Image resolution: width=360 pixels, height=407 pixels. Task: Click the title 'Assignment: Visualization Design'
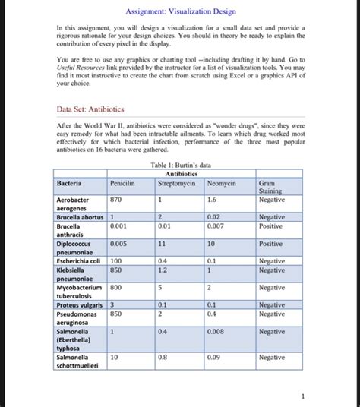[x=180, y=11]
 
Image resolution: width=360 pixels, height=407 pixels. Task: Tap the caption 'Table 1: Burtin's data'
[x=180, y=165]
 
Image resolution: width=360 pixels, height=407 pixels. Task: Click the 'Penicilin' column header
[x=122, y=183]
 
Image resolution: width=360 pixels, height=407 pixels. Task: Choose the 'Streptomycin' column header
[x=176, y=183]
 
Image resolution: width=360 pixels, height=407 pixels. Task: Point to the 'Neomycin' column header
[x=221, y=183]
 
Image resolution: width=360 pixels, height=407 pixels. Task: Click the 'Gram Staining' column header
[x=269, y=188]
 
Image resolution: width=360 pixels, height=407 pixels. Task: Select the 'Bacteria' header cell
[x=71, y=183]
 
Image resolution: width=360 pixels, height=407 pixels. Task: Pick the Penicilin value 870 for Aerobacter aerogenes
[x=116, y=199]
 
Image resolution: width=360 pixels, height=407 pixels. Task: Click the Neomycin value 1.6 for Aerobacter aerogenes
[x=213, y=199]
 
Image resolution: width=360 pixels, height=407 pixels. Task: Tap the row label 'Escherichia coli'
[x=80, y=260]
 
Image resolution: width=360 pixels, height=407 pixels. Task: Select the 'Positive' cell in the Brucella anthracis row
[x=270, y=226]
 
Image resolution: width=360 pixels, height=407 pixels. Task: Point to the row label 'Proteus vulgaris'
[x=80, y=304]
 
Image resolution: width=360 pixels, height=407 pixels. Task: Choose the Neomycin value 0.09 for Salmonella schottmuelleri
[x=215, y=356]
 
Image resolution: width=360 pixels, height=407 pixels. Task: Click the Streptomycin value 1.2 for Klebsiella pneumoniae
[x=163, y=269]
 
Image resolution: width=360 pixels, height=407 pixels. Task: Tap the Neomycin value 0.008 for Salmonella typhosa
[x=217, y=331]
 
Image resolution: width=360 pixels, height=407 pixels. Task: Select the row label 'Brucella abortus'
[x=81, y=216]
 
